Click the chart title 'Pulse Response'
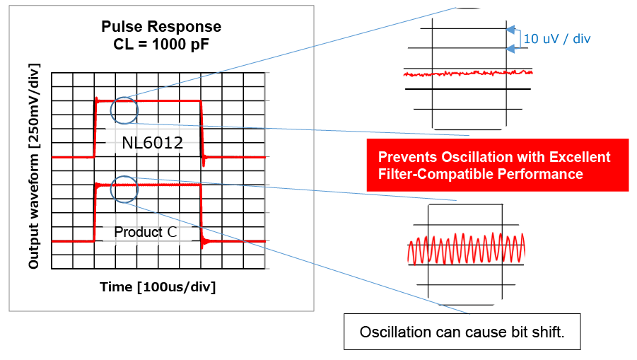click(x=161, y=26)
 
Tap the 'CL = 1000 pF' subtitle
click(x=161, y=45)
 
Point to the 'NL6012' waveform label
click(x=152, y=143)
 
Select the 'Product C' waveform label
click(x=146, y=232)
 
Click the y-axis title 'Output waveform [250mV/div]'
click(x=34, y=166)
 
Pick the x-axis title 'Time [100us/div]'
click(x=158, y=287)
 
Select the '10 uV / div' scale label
click(x=556, y=39)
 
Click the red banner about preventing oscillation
click(x=498, y=165)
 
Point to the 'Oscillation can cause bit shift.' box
click(x=462, y=332)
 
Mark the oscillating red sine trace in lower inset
click(x=467, y=248)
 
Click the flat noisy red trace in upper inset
click(x=468, y=73)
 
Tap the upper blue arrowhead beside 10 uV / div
click(x=510, y=29)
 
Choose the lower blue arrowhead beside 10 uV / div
click(x=510, y=49)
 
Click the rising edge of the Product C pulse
click(x=95, y=213)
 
